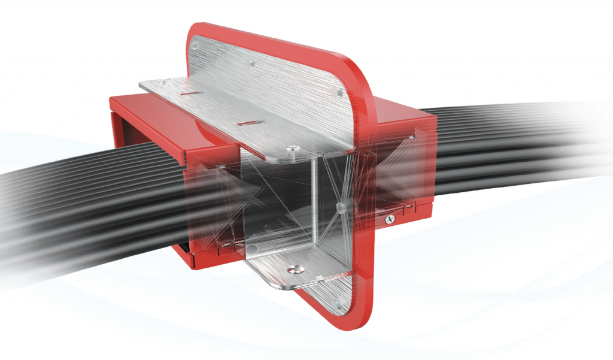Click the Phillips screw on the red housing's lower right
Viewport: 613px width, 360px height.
(x=390, y=219)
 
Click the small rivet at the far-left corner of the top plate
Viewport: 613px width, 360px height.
(x=150, y=84)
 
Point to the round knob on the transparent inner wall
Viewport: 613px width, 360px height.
(x=341, y=207)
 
